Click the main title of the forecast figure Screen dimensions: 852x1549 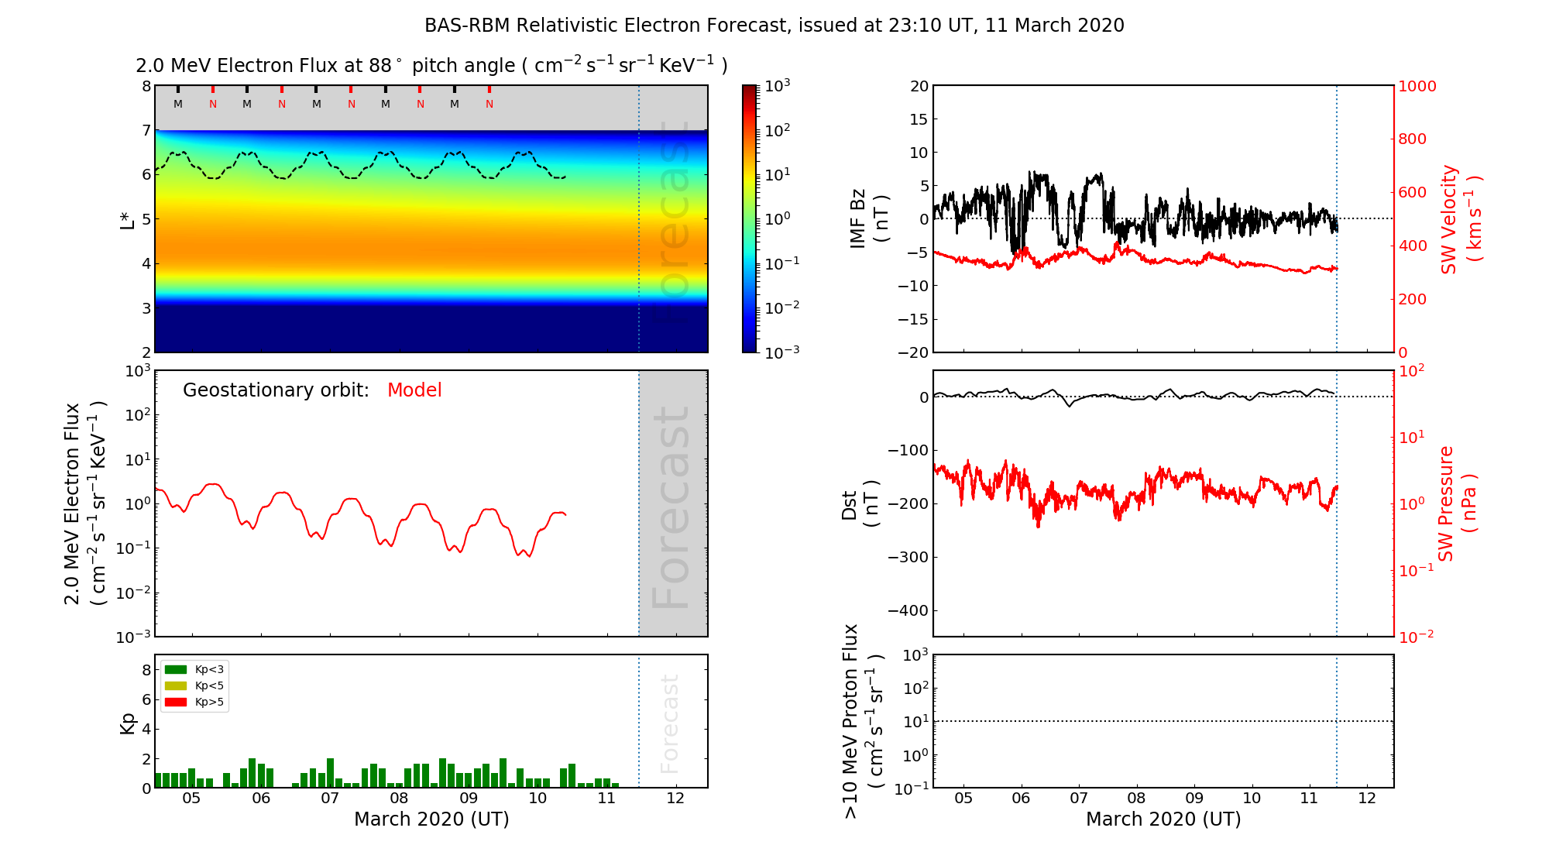774,26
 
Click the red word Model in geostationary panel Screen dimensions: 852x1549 414,390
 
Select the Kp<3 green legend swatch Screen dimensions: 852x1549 176,669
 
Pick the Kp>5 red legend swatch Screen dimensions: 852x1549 176,703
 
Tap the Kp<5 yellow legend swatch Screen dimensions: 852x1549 176,685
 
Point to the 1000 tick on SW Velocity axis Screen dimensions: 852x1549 1417,86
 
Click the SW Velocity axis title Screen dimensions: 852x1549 1460,219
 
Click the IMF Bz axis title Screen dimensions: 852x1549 869,219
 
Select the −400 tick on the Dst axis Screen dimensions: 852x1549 908,610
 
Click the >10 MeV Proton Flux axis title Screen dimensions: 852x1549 863,721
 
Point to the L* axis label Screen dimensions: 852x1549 128,219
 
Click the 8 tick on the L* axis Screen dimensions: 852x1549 146,86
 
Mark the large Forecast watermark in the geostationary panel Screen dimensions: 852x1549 671,507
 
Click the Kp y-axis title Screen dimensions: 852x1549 128,723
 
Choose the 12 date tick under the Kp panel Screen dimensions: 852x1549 675,799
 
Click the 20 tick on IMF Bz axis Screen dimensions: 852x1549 919,86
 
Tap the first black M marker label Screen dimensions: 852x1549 178,104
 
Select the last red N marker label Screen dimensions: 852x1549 489,104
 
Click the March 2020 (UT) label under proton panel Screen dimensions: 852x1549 1163,819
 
